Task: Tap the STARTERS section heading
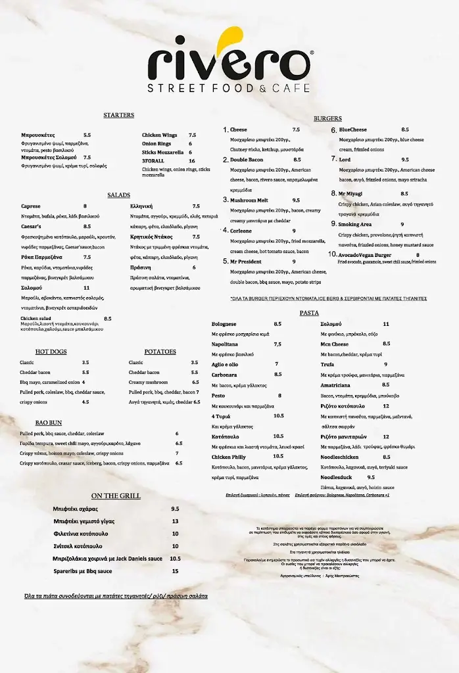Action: [x=118, y=115]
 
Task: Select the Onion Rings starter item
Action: [x=157, y=143]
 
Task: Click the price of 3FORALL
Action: [x=192, y=160]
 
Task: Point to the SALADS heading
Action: [x=118, y=195]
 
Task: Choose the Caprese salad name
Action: [x=31, y=206]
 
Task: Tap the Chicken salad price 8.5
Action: [x=107, y=319]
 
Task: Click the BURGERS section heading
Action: [x=327, y=118]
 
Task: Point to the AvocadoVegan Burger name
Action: [x=365, y=255]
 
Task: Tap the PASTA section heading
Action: [x=309, y=313]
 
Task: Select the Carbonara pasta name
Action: [x=224, y=375]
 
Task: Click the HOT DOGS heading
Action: [x=51, y=352]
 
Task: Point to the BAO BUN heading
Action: [x=49, y=423]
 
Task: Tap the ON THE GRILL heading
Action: [x=116, y=496]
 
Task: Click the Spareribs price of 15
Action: [x=175, y=571]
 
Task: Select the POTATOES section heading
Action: [x=160, y=352]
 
